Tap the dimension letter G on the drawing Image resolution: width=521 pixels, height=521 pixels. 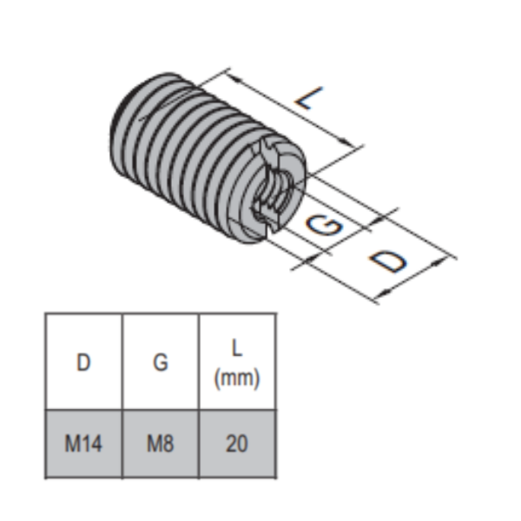(x=323, y=228)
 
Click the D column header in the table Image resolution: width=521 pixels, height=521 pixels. (x=83, y=362)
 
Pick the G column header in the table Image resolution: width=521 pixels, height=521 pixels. (x=161, y=362)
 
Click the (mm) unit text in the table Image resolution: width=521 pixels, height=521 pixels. (x=237, y=379)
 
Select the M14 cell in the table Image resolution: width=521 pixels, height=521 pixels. (x=83, y=444)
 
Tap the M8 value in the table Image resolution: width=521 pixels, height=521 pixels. (x=161, y=444)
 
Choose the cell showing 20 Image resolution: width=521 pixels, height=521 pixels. (x=237, y=444)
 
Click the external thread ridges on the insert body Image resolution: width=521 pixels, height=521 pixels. (x=191, y=156)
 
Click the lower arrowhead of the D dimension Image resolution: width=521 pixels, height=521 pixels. (x=379, y=299)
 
